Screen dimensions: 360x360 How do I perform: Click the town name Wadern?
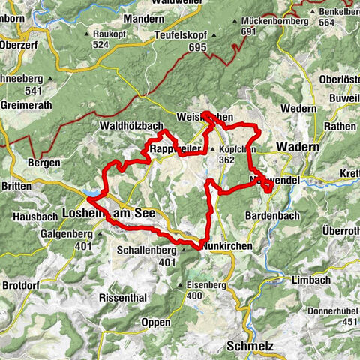pyautogui.click(x=298, y=147)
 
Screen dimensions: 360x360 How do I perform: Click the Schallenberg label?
pyautogui.click(x=147, y=251)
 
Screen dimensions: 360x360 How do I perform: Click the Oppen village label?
pyautogui.click(x=155, y=322)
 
